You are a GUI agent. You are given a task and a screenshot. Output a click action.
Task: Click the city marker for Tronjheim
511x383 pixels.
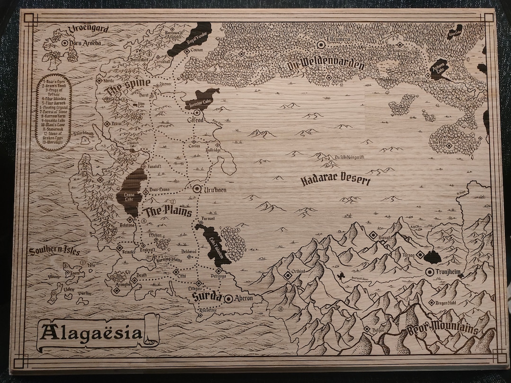(429, 272)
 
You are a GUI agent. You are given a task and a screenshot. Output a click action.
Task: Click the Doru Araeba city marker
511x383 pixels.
(65, 43)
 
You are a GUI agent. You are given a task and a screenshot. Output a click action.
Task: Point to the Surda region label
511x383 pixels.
(206, 297)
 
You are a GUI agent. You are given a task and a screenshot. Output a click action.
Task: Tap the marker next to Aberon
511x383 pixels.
(228, 298)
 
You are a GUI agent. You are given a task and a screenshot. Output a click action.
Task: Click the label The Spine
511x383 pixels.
(128, 87)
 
